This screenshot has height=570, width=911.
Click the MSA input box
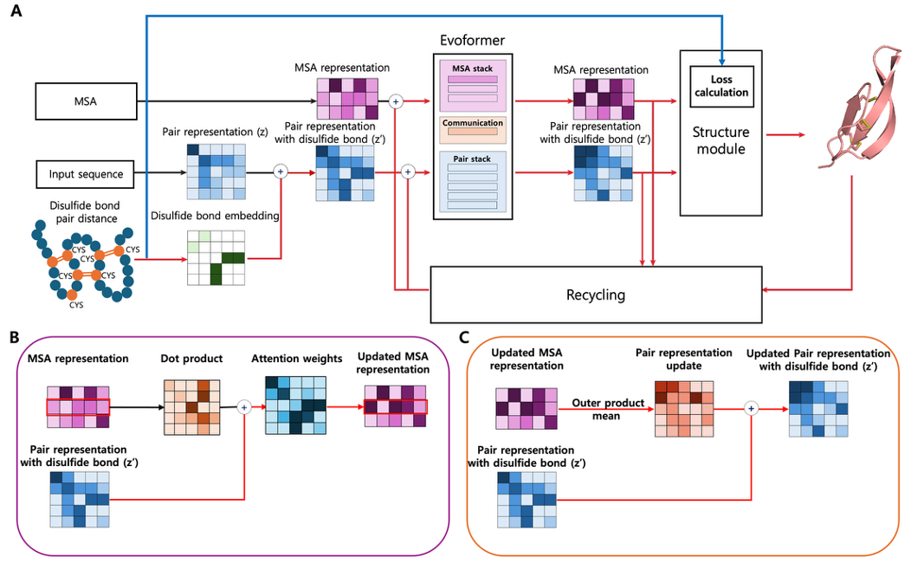pyautogui.click(x=87, y=101)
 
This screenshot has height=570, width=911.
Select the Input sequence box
pyautogui.click(x=87, y=174)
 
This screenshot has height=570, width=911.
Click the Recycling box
pyautogui.click(x=595, y=295)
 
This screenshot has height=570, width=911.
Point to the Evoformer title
pyautogui.click(x=471, y=41)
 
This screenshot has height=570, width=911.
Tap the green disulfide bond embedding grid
pyautogui.click(x=216, y=257)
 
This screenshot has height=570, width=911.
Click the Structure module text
pyautogui.click(x=720, y=141)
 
